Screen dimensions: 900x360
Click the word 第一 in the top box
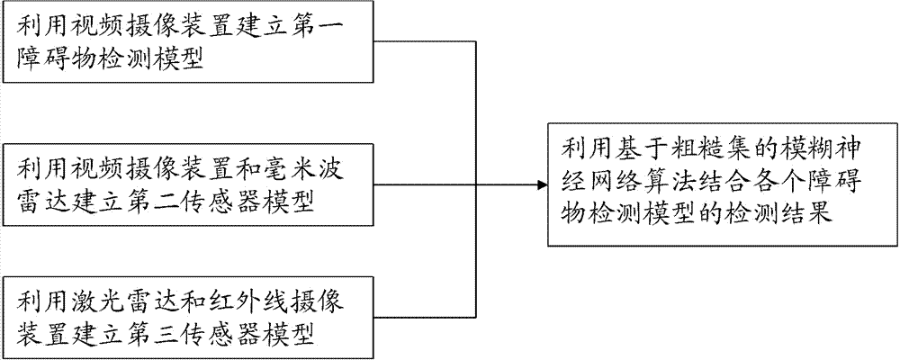[328, 25]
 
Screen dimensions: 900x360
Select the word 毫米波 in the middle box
[316, 170]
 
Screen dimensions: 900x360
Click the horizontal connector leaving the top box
[426, 40]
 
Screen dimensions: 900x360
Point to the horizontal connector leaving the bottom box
[426, 317]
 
